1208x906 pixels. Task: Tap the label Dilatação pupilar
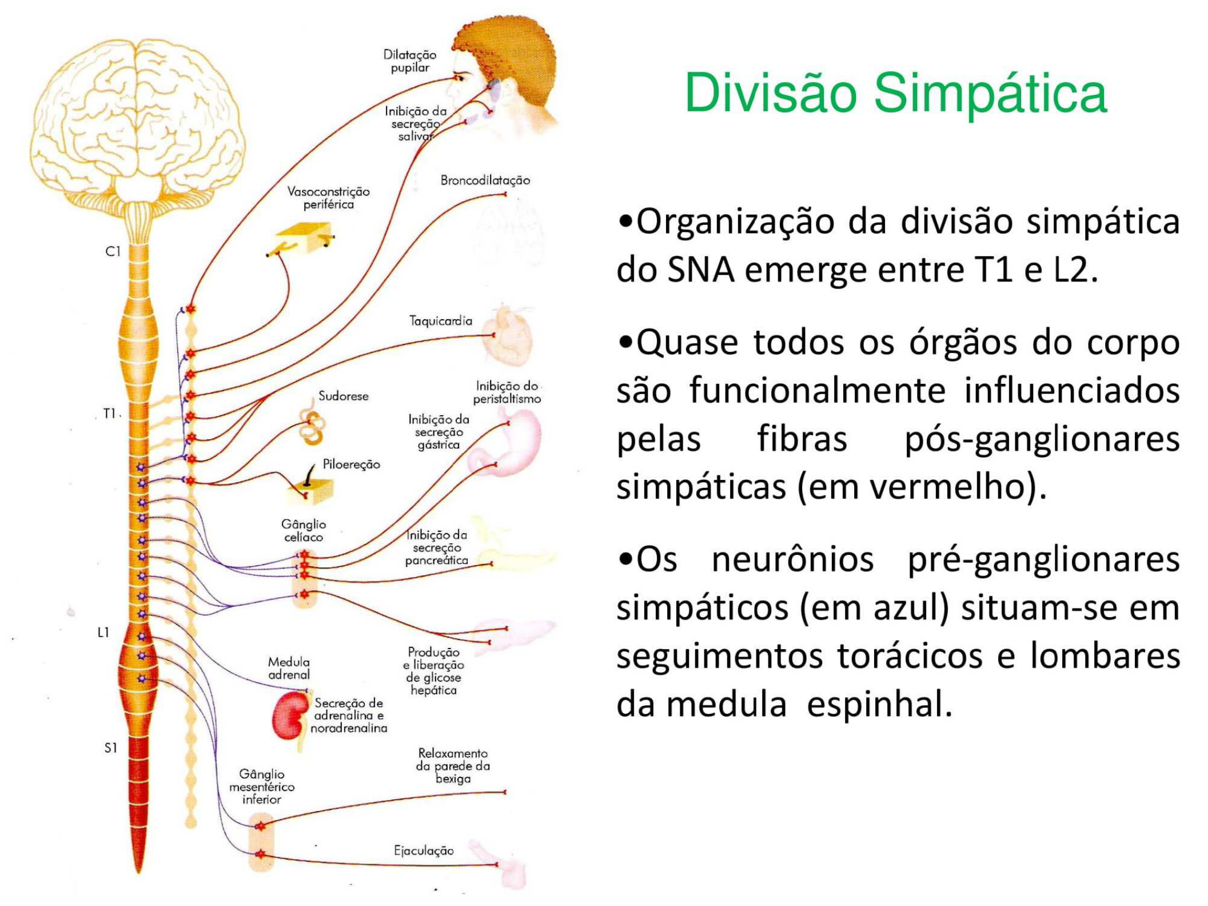(409, 61)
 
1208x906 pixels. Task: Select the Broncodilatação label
(485, 180)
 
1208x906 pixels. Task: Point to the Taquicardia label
(441, 321)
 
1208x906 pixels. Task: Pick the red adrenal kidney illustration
(289, 716)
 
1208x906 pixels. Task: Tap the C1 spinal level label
(113, 251)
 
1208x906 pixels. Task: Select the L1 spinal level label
(103, 633)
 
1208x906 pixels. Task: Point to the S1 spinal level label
(110, 748)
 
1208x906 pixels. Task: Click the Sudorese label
(343, 396)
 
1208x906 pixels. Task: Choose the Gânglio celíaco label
(304, 530)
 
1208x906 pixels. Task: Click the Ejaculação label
(424, 851)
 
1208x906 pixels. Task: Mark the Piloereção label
(351, 464)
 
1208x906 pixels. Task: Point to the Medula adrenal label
(289, 668)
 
